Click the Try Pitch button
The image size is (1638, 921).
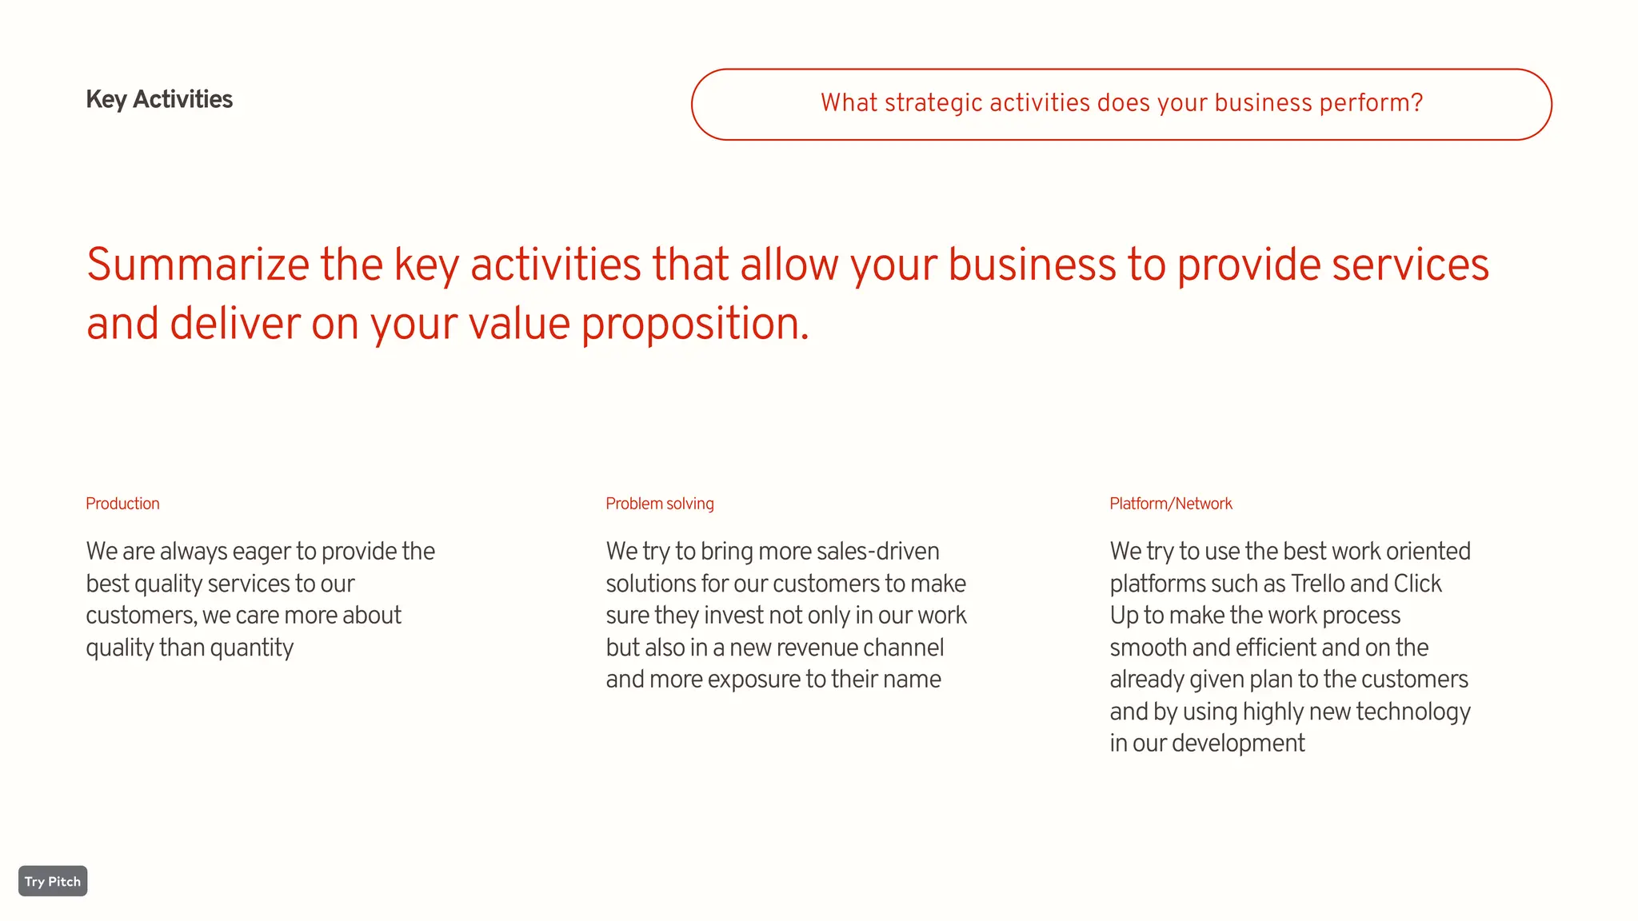(x=53, y=881)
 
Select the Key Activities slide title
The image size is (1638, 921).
(x=159, y=99)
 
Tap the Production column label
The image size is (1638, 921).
(x=122, y=504)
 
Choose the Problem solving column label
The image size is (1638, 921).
(x=659, y=504)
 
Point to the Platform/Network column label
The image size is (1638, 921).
(x=1170, y=504)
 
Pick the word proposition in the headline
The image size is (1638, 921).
(x=694, y=324)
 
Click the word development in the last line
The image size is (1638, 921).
(x=1238, y=744)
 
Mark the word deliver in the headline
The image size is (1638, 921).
(x=234, y=324)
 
